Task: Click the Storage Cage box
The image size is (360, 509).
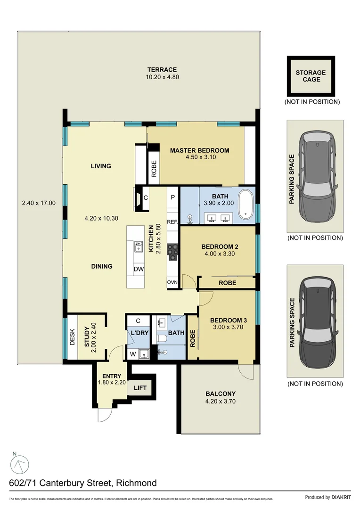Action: click(x=311, y=76)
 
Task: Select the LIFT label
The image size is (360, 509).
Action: click(x=140, y=388)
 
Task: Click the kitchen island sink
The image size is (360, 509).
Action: click(x=139, y=246)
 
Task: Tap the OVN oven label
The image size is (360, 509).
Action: click(x=172, y=282)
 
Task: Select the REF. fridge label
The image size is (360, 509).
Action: click(x=172, y=221)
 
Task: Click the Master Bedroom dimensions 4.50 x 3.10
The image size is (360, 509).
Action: click(x=200, y=157)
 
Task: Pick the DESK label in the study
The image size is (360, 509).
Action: click(x=73, y=337)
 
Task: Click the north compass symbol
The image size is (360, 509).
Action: click(x=20, y=465)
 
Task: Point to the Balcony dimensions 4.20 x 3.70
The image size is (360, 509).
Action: click(x=220, y=402)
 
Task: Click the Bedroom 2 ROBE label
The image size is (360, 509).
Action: click(x=228, y=283)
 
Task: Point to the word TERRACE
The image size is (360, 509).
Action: click(x=161, y=70)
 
